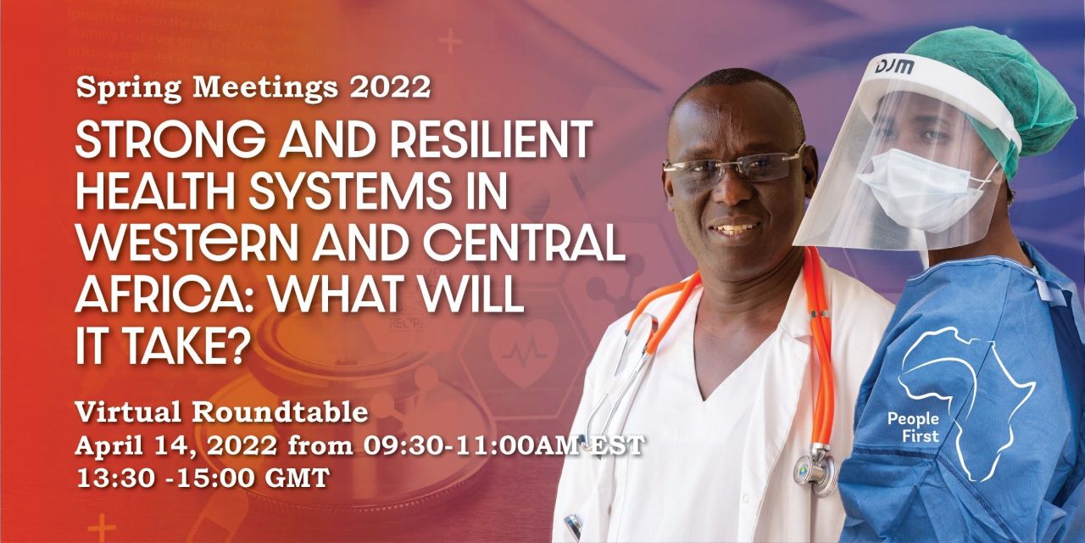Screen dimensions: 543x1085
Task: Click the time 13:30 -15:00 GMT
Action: pos(202,477)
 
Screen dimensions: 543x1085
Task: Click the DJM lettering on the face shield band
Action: pos(891,65)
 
